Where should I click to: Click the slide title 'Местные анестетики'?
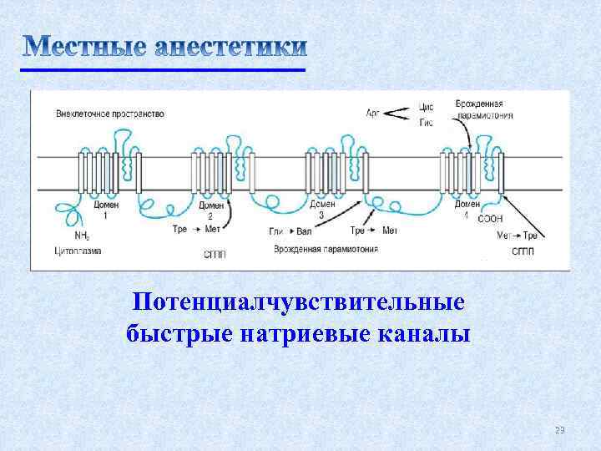click(164, 47)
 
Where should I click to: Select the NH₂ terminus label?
click(82, 236)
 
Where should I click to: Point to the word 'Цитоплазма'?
click(78, 250)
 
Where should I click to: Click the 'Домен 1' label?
click(105, 210)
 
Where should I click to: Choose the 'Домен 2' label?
click(211, 210)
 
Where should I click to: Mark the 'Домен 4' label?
click(467, 208)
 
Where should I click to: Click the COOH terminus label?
click(490, 219)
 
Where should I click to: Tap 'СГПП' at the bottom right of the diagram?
click(523, 251)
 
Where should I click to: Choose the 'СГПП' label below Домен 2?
click(214, 252)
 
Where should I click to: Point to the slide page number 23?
click(560, 430)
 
